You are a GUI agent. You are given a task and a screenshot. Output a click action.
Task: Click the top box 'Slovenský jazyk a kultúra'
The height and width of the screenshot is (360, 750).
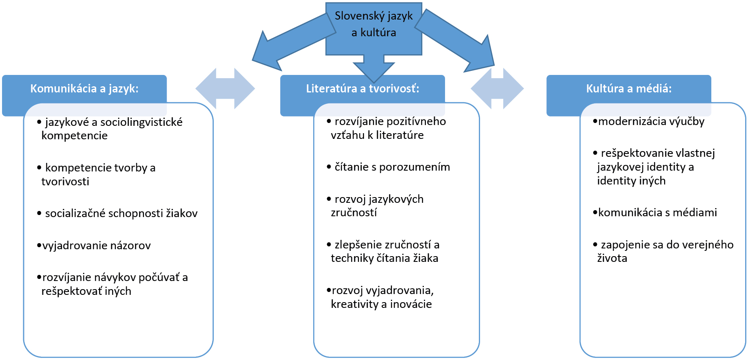tap(373, 24)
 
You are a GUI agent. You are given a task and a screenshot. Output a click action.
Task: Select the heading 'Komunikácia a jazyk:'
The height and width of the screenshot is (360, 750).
tap(84, 89)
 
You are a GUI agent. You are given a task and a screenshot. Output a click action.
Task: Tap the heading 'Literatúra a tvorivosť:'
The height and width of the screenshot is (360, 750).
tap(362, 89)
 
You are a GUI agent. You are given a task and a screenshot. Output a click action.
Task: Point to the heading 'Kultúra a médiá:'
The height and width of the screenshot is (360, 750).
tap(629, 89)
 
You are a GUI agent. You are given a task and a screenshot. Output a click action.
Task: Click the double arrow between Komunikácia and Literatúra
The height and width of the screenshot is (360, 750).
tap(225, 88)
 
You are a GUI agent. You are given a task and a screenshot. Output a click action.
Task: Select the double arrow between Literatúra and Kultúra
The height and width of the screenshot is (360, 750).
tap(497, 88)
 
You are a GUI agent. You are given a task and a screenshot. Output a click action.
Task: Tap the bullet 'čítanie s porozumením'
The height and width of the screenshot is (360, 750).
tap(392, 167)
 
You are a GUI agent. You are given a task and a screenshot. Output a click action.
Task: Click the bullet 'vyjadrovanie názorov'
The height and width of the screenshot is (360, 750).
tap(96, 246)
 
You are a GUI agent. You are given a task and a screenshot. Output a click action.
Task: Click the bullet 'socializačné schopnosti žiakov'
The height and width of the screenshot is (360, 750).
tap(121, 213)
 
